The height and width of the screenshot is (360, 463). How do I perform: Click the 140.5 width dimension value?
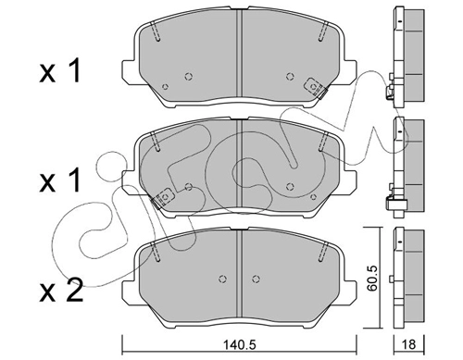click(x=239, y=344)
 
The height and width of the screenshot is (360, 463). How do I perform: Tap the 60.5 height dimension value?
click(x=373, y=278)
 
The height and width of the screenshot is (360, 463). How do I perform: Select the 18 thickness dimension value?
click(x=409, y=344)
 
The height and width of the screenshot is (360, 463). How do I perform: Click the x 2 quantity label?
click(x=61, y=291)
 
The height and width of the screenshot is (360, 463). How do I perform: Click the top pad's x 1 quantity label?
click(x=60, y=71)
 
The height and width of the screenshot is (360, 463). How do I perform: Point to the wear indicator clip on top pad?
click(x=316, y=88)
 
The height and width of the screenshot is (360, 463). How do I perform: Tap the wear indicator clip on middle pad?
click(x=162, y=198)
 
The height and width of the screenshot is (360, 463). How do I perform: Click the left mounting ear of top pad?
click(x=129, y=71)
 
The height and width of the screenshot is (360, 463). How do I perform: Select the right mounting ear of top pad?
click(x=350, y=71)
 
